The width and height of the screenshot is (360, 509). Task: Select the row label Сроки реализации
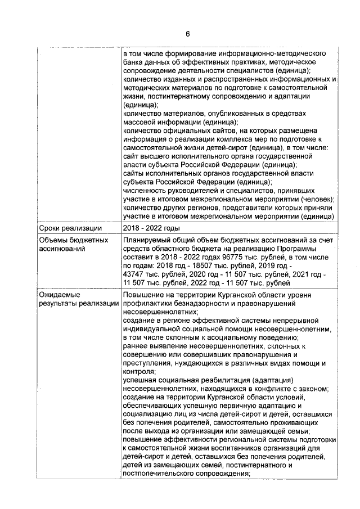pos(64,228)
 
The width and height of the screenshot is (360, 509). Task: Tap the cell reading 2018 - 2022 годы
pos(151,228)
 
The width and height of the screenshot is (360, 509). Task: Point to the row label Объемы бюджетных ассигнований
pos(65,244)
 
